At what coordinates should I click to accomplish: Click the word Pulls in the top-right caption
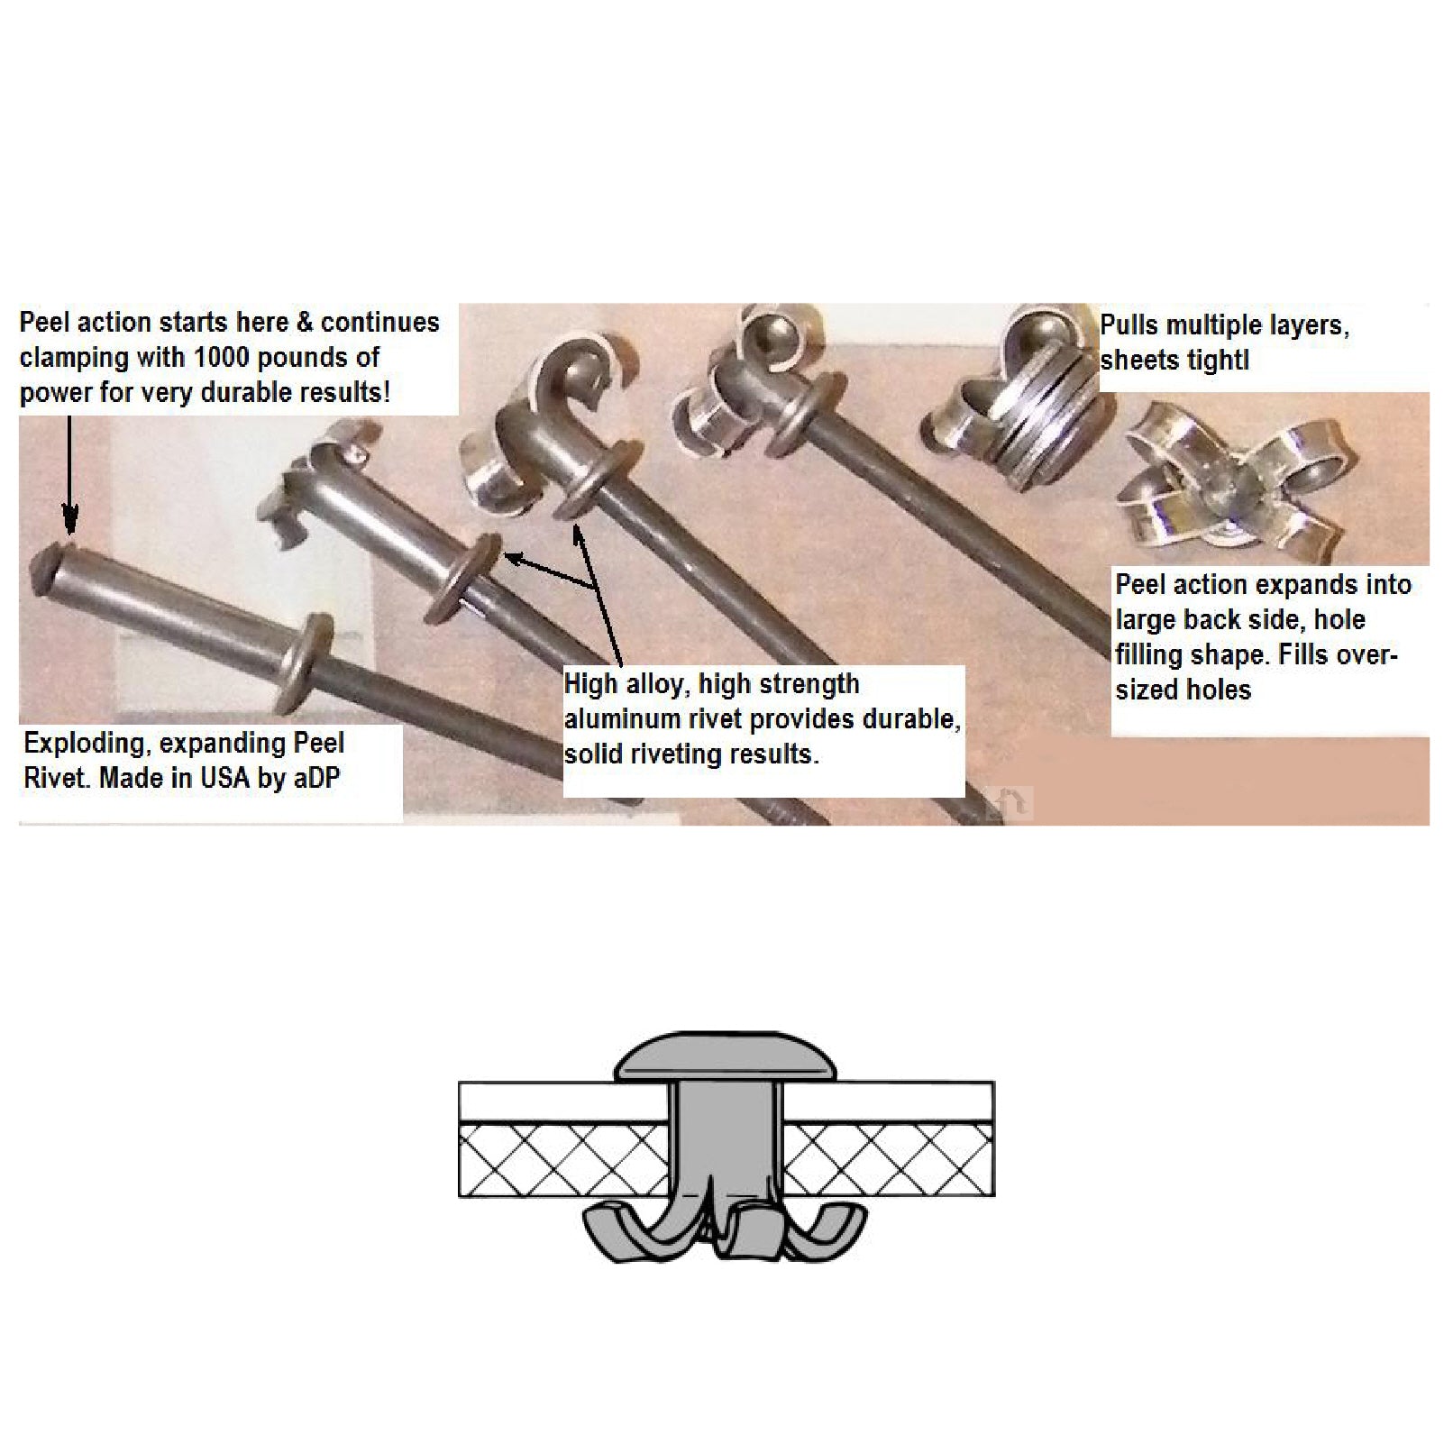(1129, 325)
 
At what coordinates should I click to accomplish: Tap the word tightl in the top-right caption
(1220, 361)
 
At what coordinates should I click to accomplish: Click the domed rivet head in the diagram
(726, 1056)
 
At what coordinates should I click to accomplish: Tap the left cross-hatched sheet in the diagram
(564, 1160)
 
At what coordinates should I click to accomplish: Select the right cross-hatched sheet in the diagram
(888, 1160)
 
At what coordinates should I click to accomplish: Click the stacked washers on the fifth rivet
(1046, 436)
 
